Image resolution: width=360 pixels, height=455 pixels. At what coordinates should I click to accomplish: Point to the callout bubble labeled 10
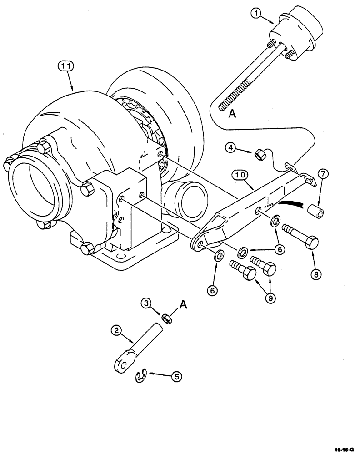point(240,174)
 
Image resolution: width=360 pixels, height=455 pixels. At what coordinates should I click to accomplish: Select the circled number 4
point(231,147)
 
